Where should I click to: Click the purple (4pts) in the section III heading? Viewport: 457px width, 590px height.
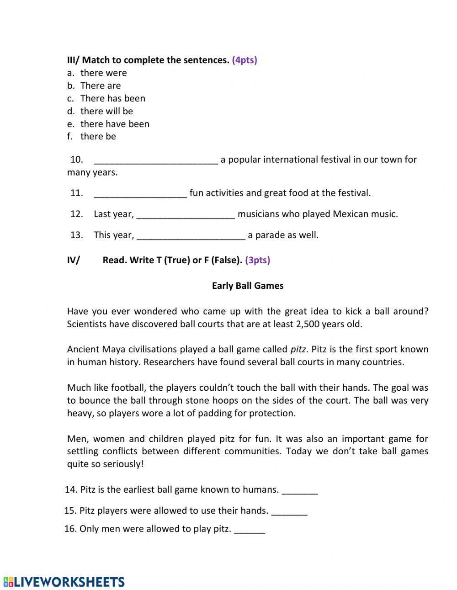pos(244,60)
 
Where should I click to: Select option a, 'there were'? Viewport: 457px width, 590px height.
pos(103,73)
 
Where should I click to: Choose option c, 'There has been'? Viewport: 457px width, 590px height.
pos(112,98)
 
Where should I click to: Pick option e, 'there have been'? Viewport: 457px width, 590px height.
pos(115,124)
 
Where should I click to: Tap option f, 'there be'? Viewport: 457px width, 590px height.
pos(98,136)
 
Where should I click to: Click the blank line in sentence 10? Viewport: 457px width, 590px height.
pos(155,160)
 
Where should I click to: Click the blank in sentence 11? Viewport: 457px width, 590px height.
pos(140,194)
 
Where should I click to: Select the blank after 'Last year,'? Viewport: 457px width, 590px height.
pos(186,215)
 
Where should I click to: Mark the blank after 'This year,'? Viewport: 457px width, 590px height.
pos(191,236)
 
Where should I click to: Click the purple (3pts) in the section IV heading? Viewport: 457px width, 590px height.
pos(257,260)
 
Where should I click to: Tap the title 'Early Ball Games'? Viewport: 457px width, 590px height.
pos(248,286)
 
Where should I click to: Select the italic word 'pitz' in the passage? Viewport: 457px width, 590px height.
pos(298,349)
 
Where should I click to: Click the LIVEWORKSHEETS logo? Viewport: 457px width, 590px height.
pos(64,581)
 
